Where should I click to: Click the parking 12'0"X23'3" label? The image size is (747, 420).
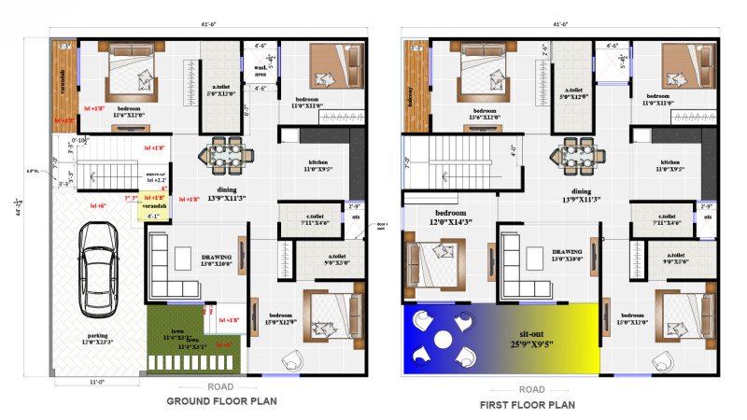[x=97, y=339]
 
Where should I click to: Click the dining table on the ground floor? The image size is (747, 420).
[x=224, y=151]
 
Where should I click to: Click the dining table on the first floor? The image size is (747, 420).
[x=574, y=151]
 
